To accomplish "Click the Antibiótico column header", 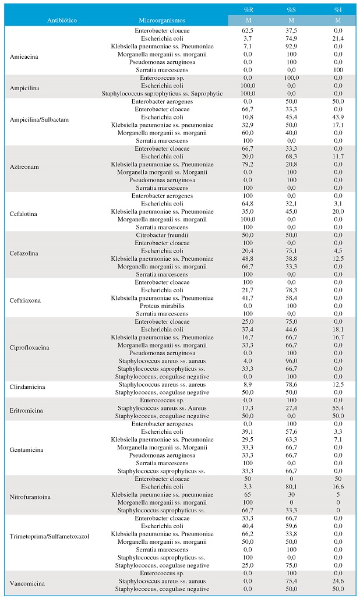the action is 62,20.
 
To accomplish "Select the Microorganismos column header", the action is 162,20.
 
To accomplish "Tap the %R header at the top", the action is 248,9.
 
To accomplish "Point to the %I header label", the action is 338,9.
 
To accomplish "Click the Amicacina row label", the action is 24,57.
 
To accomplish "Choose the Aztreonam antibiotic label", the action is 24,167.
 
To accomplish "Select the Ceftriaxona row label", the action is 25,300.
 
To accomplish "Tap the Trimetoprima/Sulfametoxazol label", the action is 49,536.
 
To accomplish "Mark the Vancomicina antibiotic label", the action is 27,583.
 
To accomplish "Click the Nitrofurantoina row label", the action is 30,497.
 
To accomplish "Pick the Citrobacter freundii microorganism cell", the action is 162,235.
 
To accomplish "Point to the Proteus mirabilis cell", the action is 162,306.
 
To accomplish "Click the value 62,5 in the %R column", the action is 248,31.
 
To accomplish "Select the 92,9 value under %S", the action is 291,47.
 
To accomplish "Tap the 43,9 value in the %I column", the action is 338,117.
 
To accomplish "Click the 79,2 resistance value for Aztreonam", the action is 248,164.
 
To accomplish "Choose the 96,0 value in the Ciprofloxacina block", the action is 291,361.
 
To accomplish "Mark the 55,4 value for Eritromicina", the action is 338,408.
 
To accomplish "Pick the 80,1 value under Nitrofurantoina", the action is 291,487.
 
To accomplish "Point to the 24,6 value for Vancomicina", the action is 338,581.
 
